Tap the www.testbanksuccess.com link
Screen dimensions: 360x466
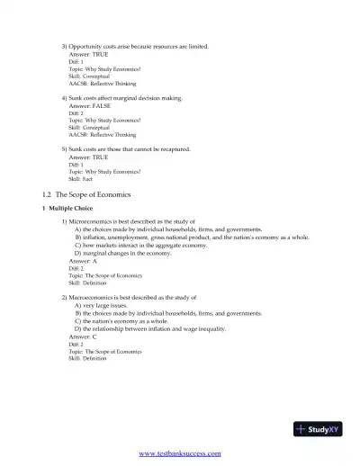(180, 454)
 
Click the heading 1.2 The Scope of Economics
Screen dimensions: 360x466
(86, 194)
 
